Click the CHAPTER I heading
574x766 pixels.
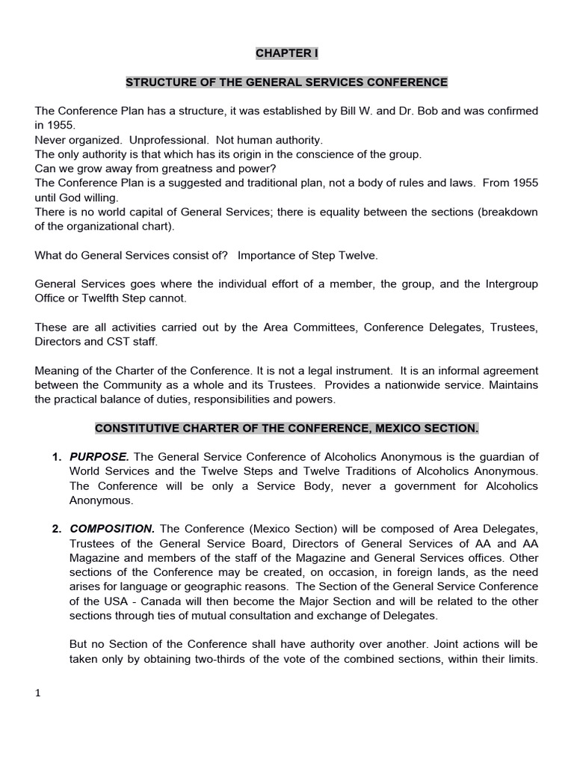[x=286, y=53]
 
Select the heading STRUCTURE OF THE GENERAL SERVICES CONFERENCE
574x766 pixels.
[x=286, y=82]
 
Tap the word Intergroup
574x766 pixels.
[x=508, y=284]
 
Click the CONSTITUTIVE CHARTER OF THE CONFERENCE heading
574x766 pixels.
[x=286, y=428]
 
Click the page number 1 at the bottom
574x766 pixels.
[x=38, y=693]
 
